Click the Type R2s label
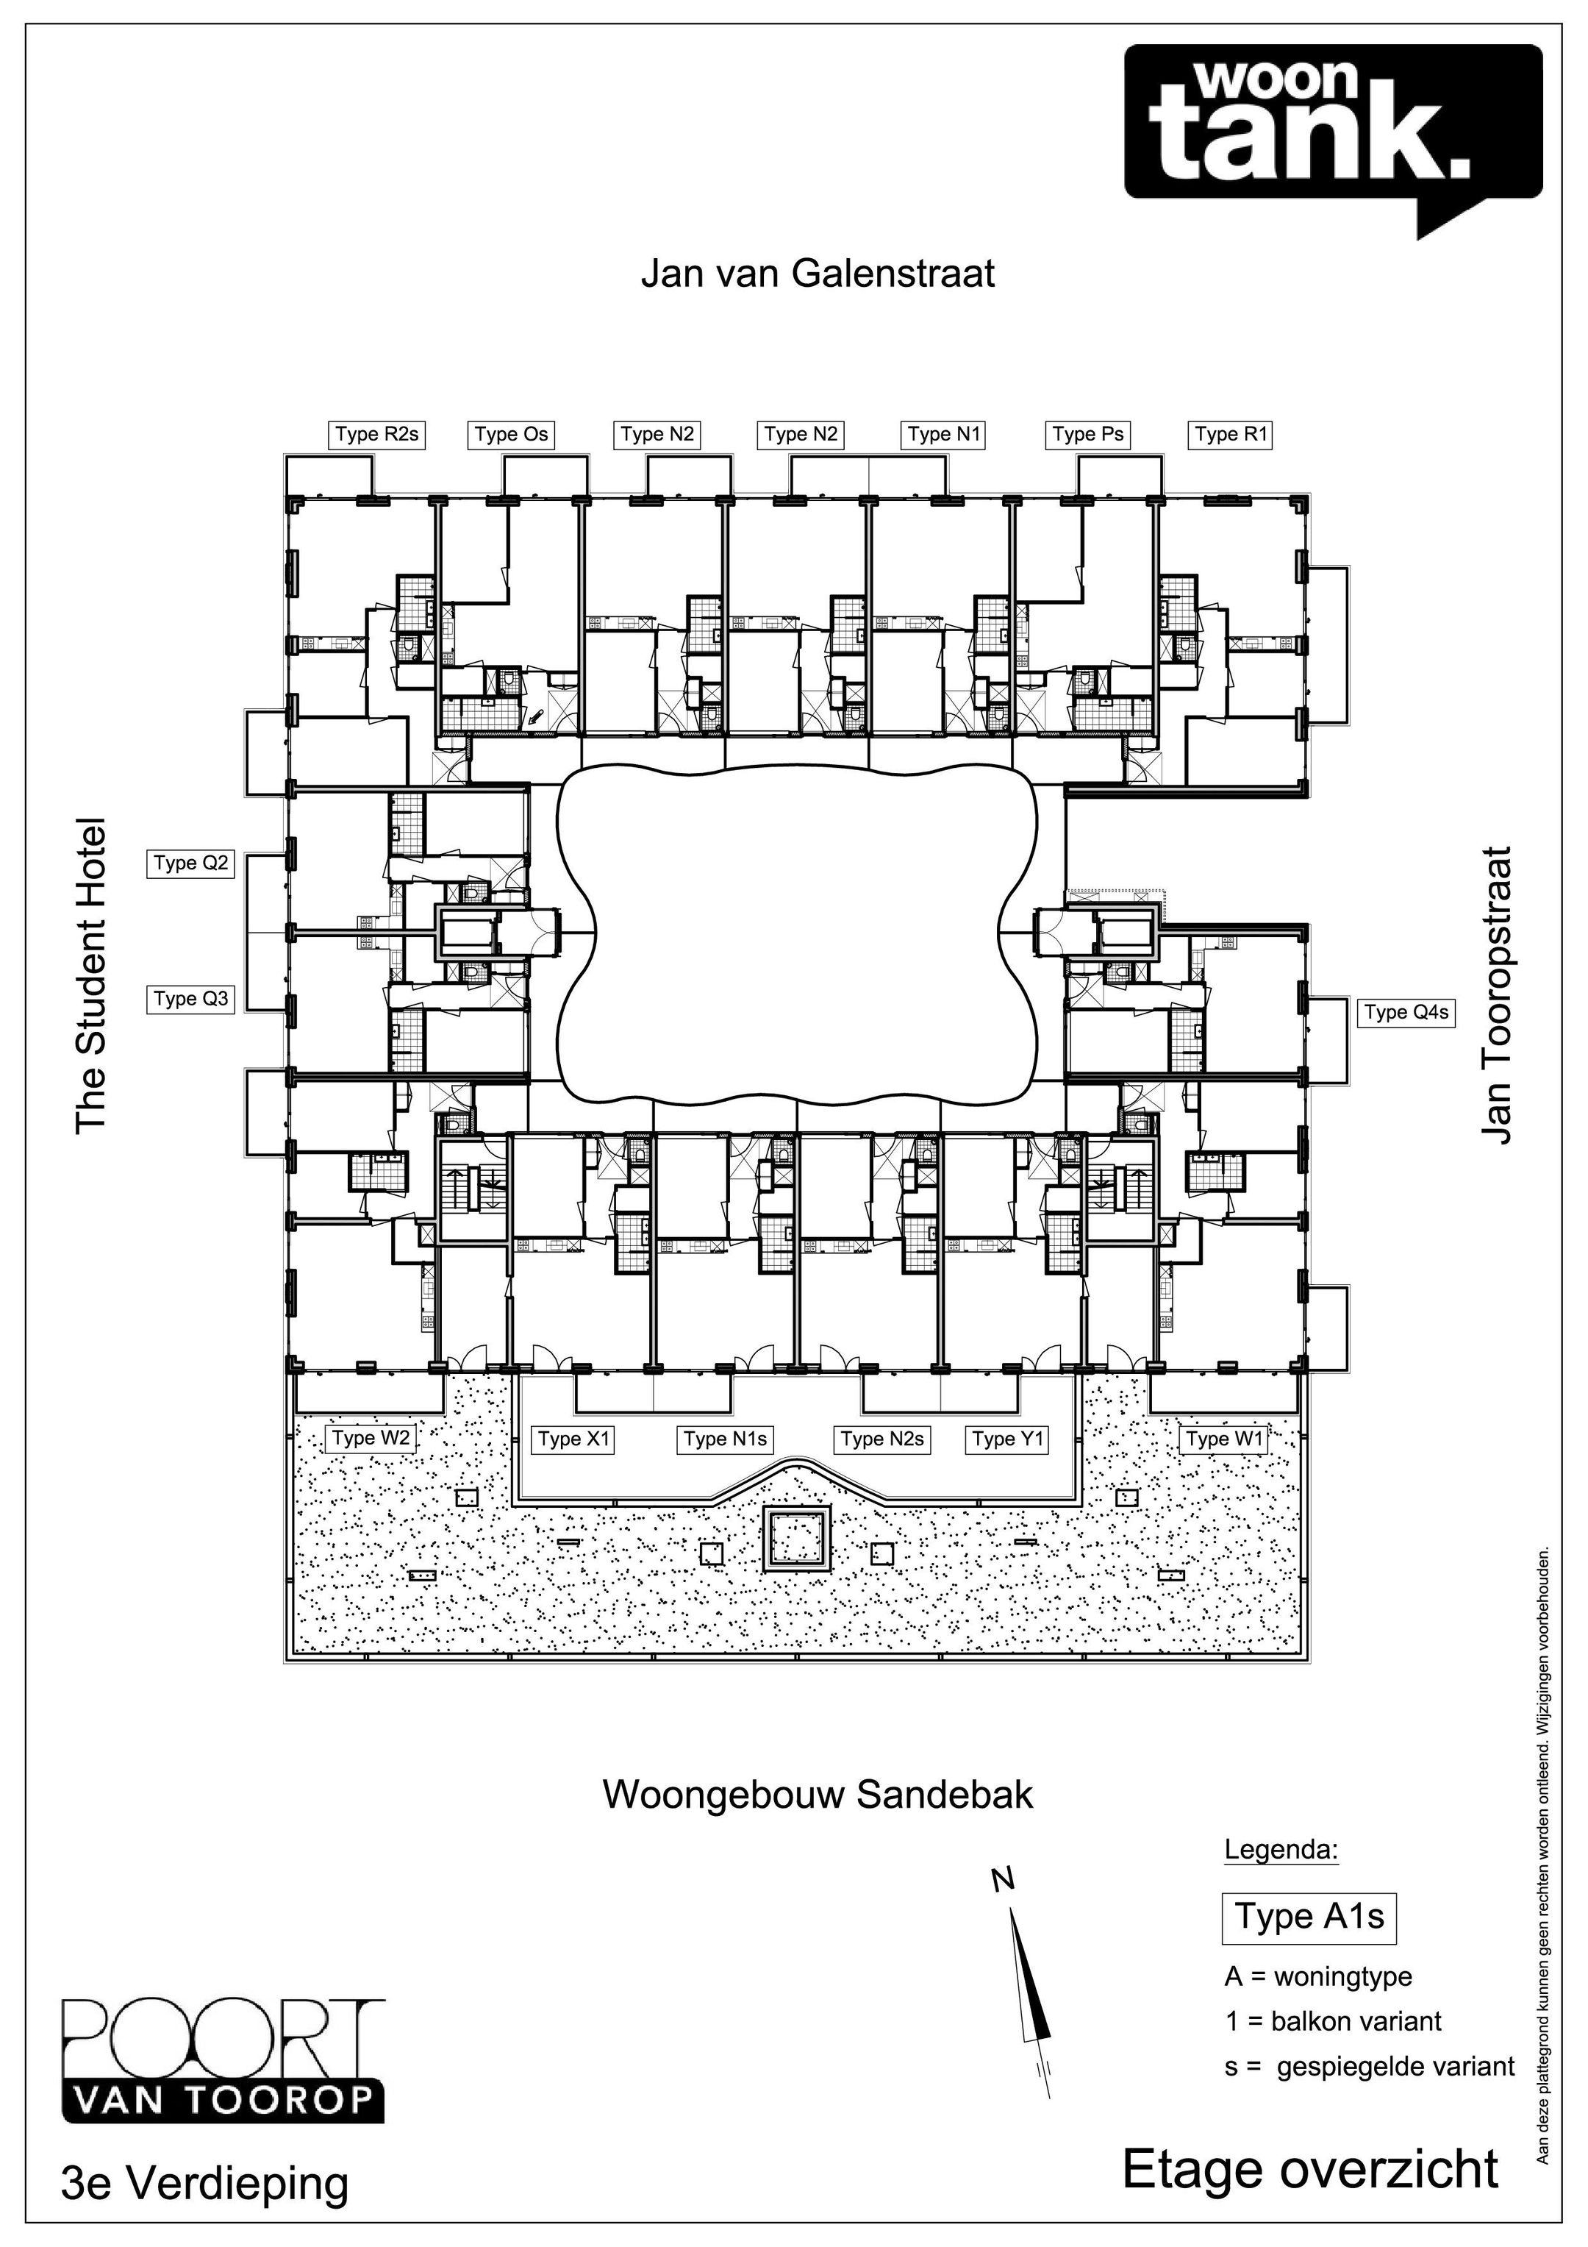(376, 435)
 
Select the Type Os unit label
(511, 435)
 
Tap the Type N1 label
(943, 435)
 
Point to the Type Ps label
(1087, 435)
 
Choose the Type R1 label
(1231, 435)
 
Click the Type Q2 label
(191, 863)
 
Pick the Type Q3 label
(191, 1000)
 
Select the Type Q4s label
(1405, 1013)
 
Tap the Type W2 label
(370, 1439)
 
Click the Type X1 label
(573, 1439)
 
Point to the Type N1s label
(725, 1439)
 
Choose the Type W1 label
(1224, 1439)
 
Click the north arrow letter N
(1002, 1879)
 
